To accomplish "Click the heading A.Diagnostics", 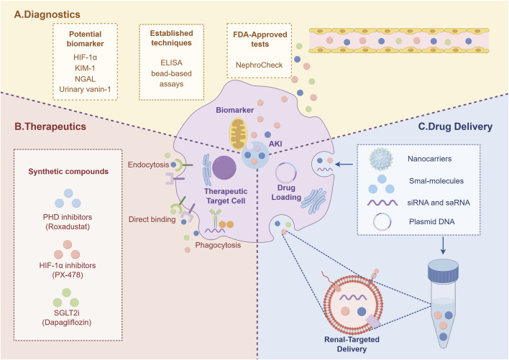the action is point(47,14).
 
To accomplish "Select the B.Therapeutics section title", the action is point(50,126).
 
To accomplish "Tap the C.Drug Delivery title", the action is point(455,126).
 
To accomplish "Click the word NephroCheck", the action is point(259,65).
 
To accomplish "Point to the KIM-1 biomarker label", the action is point(85,68).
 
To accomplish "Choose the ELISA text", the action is point(171,63).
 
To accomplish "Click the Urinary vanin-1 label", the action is point(85,89).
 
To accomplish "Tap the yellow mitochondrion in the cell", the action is point(238,134).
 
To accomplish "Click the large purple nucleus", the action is point(224,167).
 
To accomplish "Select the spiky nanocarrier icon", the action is point(381,160).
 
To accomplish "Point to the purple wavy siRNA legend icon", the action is point(382,203).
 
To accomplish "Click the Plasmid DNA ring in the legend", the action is point(382,222).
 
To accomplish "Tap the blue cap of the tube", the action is point(443,268).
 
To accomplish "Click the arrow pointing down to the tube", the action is point(443,246).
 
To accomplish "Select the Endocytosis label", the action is point(148,165).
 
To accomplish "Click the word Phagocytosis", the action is point(218,245).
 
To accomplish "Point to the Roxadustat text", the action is point(68,226).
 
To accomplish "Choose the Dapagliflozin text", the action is point(67,323).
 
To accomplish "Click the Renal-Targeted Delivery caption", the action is point(352,344).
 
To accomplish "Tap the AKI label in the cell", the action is point(275,144).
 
